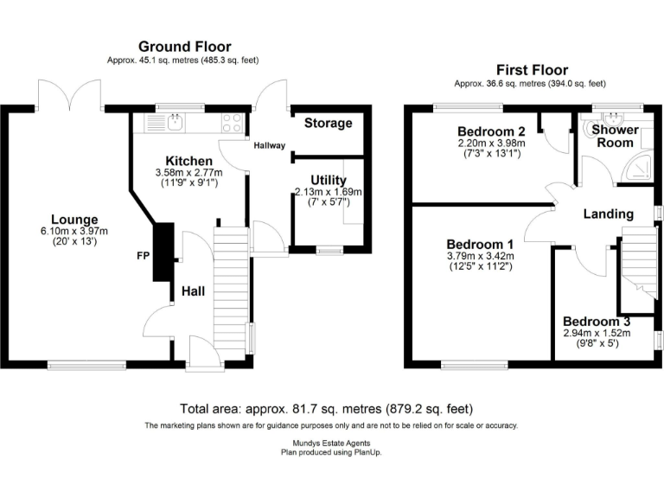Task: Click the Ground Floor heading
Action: coord(186,46)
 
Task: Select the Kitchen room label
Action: coord(188,161)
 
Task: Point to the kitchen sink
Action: coord(176,122)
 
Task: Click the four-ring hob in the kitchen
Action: coord(232,122)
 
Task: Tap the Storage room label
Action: coord(329,123)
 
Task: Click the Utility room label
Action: coord(328,180)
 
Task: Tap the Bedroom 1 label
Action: coord(481,244)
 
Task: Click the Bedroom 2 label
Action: coord(491,131)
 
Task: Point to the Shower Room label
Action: coord(615,136)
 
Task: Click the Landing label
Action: coord(608,214)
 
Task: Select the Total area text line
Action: coord(326,409)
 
